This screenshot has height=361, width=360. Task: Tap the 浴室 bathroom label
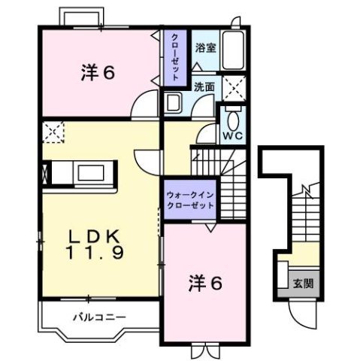205,47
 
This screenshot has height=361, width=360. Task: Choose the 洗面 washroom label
204,86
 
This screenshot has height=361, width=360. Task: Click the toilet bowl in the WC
231,118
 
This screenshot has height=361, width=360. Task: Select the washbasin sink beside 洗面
174,103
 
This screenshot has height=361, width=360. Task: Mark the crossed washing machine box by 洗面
234,88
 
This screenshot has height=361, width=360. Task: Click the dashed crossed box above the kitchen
54,132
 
